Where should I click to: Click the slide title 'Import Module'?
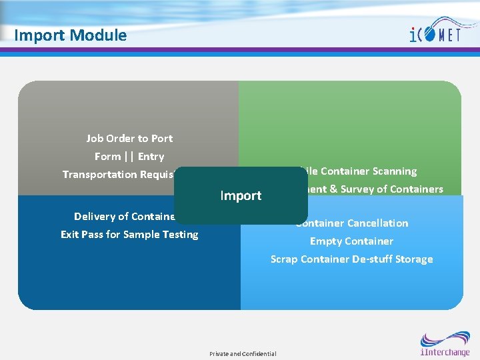(x=70, y=35)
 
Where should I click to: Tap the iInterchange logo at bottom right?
(x=445, y=344)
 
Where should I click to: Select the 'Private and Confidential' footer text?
(x=243, y=353)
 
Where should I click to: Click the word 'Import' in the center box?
(x=241, y=195)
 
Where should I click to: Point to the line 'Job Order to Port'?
(x=129, y=139)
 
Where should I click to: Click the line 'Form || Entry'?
(x=129, y=157)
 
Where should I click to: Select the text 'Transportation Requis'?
(x=118, y=175)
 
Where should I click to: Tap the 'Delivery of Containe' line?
(x=125, y=217)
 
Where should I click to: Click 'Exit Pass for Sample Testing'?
(x=129, y=235)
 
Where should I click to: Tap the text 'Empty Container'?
(x=351, y=241)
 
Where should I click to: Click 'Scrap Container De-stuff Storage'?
(x=351, y=259)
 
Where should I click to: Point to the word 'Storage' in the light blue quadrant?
(x=413, y=259)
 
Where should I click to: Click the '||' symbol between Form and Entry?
(x=129, y=157)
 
